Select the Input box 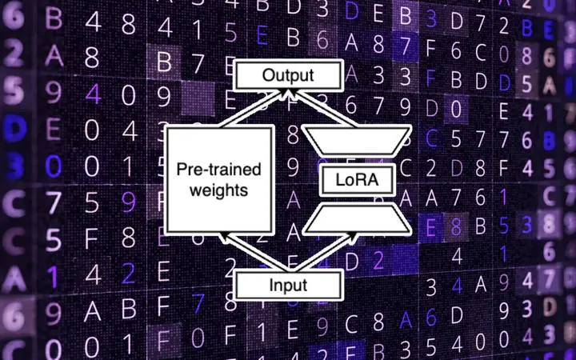click(x=289, y=284)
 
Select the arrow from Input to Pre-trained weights click(x=232, y=248)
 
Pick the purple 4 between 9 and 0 click(x=94, y=95)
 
